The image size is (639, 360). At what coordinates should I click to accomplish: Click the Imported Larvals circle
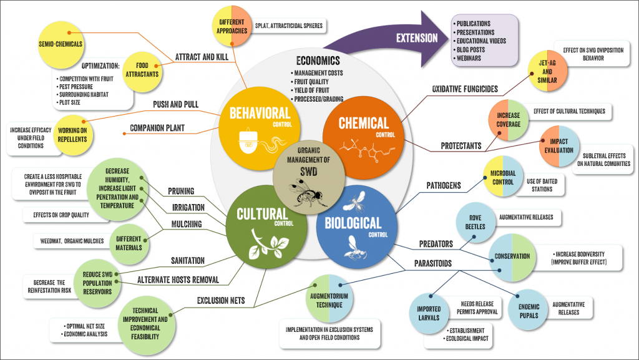pos(429,313)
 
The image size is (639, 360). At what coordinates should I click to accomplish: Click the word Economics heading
pos(318,61)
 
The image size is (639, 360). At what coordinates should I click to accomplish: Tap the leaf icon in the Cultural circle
pos(263,245)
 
